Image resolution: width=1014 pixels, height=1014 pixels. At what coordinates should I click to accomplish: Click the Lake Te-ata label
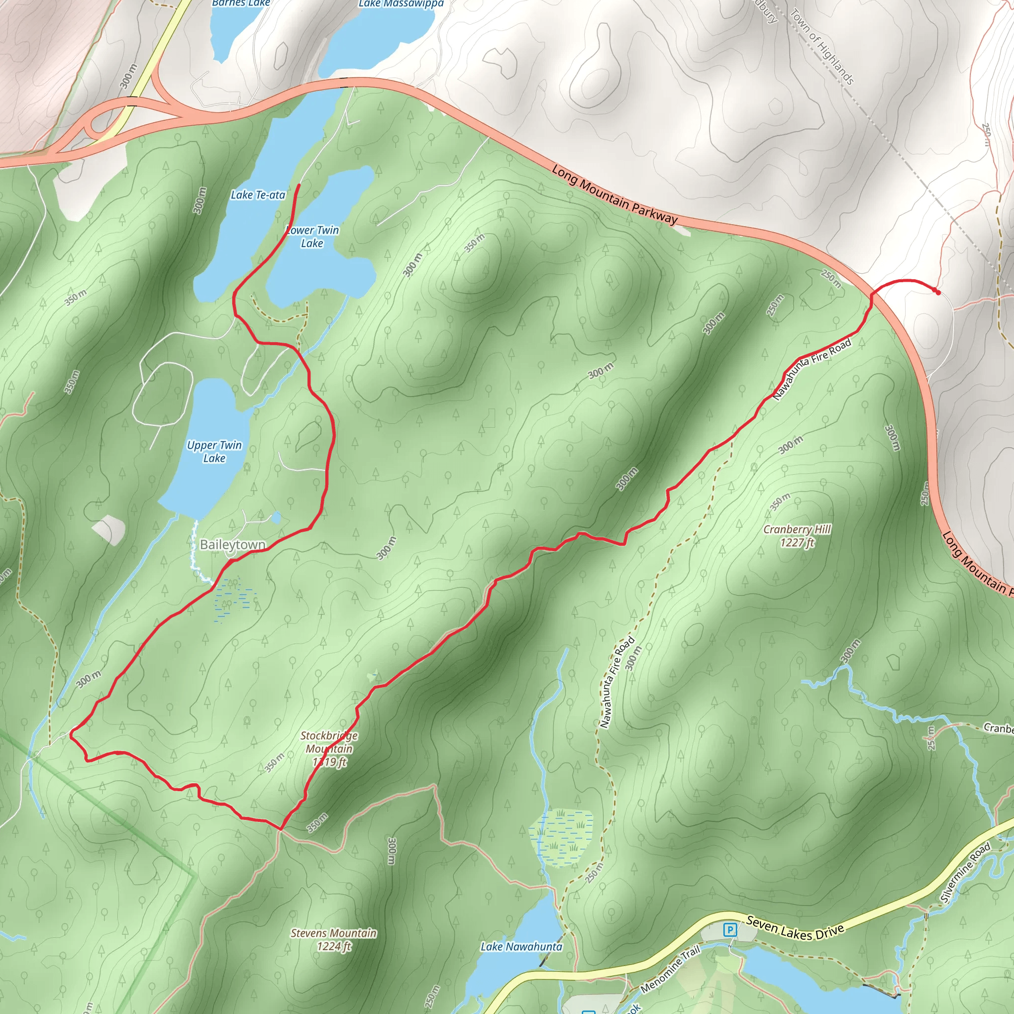257,195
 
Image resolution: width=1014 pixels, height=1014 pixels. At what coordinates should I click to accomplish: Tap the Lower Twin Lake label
313,236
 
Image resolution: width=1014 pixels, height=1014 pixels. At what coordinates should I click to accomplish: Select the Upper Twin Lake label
214,452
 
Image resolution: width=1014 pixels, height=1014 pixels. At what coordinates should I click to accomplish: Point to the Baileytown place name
233,545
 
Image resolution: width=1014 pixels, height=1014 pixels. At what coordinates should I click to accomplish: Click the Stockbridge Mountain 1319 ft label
329,749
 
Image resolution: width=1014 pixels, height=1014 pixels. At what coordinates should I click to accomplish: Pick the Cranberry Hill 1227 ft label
797,536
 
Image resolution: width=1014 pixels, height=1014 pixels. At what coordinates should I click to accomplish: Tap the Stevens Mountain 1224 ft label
333,939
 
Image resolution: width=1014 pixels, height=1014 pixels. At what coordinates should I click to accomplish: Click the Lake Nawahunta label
521,947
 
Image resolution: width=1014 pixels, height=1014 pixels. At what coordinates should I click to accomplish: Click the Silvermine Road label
965,873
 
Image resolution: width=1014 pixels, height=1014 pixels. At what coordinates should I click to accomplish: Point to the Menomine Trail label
670,968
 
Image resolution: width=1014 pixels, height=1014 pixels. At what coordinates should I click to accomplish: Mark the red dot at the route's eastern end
938,292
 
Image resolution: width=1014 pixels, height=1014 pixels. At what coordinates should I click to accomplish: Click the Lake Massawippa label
401,4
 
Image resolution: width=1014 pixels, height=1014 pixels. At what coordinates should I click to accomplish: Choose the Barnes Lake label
241,3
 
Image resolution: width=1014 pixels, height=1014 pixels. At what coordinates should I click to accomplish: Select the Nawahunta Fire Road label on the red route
811,369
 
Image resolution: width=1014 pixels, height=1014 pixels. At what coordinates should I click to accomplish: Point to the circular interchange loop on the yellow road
100,125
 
